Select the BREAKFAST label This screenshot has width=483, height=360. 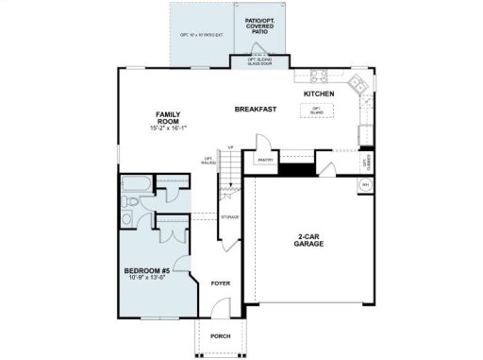coord(255,111)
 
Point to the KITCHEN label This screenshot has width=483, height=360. coord(320,94)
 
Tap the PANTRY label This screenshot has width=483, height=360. coord(264,160)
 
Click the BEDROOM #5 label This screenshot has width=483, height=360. coord(145,270)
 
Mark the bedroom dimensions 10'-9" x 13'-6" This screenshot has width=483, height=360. coord(145,279)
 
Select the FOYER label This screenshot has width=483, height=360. coord(221,282)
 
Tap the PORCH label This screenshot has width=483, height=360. coord(220,336)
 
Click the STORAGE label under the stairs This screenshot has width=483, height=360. coord(229,218)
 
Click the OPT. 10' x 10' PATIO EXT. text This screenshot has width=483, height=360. coord(201,35)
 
